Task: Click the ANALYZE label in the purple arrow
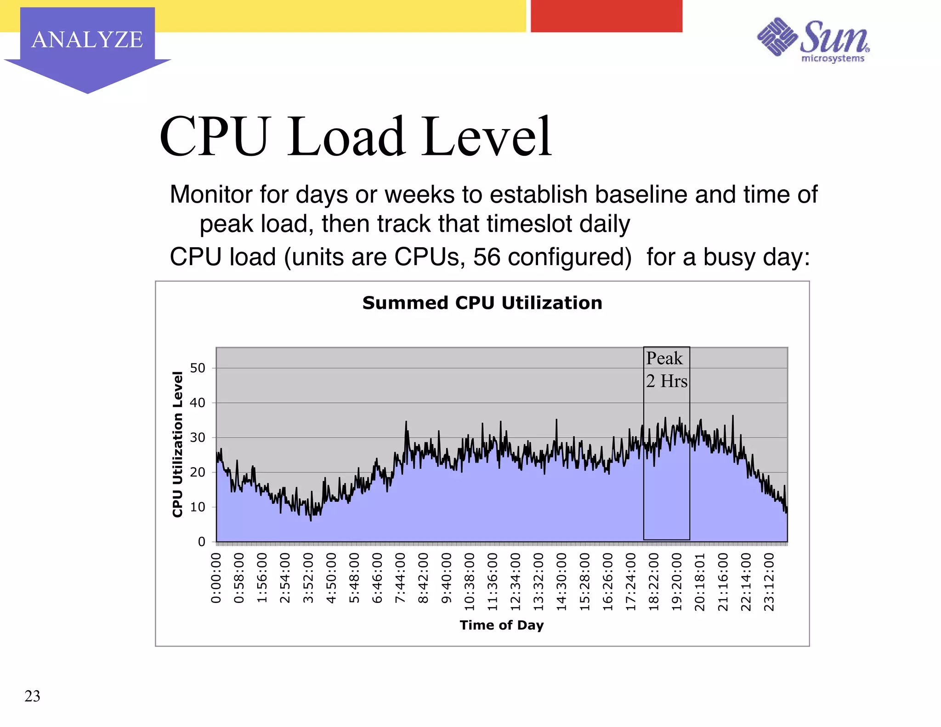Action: point(87,40)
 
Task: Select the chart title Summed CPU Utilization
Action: point(482,303)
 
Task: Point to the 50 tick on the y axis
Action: point(198,368)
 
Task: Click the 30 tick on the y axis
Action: point(198,437)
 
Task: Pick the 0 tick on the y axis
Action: point(201,542)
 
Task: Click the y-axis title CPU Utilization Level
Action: point(178,444)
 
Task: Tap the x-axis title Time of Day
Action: point(502,625)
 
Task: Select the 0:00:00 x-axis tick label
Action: point(216,578)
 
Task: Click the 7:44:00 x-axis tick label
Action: point(400,578)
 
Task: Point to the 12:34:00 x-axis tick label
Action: point(516,581)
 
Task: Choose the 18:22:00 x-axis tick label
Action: point(654,581)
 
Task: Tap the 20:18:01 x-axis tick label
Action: point(700,581)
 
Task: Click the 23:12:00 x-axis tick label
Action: point(769,581)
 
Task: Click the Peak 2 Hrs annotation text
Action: point(666,370)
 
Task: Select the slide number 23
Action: point(32,696)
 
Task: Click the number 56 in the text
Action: point(487,257)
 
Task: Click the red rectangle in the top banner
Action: point(607,16)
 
